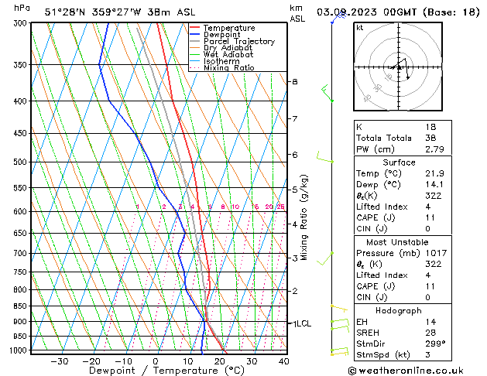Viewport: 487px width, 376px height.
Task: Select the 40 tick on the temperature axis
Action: tap(283, 361)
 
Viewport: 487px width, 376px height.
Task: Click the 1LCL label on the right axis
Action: tap(299, 323)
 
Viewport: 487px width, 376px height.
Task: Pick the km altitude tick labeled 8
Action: tap(294, 82)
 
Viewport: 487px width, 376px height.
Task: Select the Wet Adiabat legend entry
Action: tap(229, 55)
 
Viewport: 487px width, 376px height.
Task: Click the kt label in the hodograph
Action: tap(359, 28)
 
